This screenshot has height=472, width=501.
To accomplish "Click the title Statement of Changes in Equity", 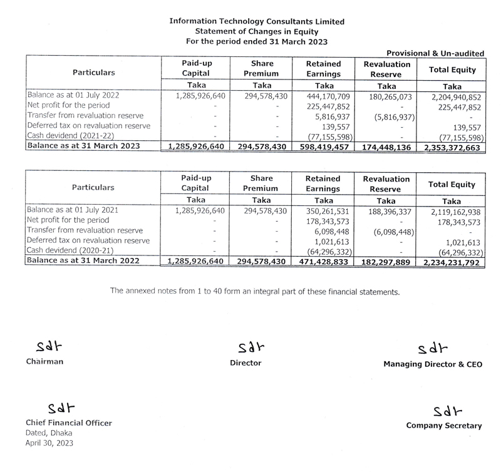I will [257, 31].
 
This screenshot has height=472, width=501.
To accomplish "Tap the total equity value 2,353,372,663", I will [452, 148].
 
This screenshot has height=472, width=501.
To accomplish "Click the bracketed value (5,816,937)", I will [388, 116].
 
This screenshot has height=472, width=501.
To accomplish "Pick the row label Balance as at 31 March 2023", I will [83, 147].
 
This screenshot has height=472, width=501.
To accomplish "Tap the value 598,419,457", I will [324, 148].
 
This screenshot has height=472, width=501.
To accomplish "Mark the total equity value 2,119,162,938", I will [452, 211].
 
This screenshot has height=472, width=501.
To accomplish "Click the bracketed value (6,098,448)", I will [388, 231].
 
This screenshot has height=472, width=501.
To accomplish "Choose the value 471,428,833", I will [324, 262].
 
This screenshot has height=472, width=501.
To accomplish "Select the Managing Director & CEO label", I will [433, 364].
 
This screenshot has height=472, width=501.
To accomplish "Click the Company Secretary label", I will [444, 426].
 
